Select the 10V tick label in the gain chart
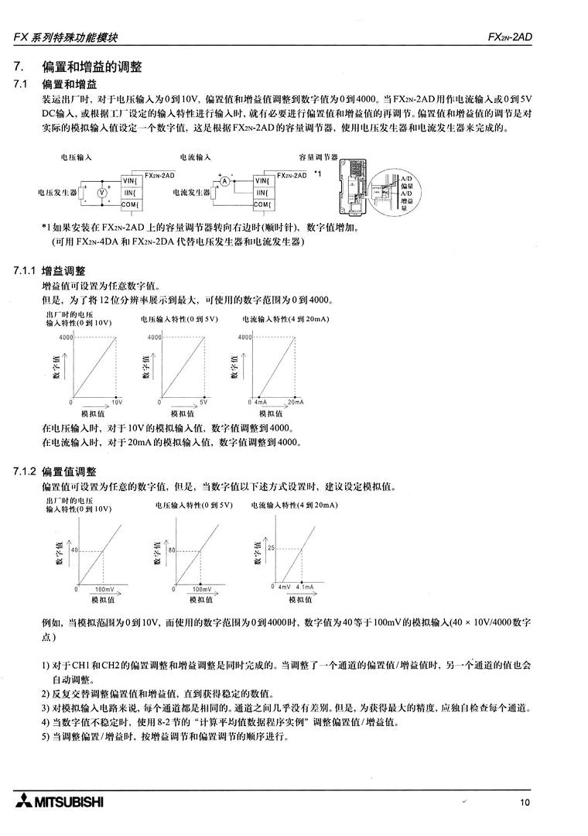(118, 403)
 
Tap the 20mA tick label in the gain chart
(296, 403)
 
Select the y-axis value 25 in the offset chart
(272, 548)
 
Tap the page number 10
(525, 803)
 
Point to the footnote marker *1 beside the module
(318, 173)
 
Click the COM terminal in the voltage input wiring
(129, 204)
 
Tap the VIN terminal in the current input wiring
(262, 180)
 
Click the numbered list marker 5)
(46, 735)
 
